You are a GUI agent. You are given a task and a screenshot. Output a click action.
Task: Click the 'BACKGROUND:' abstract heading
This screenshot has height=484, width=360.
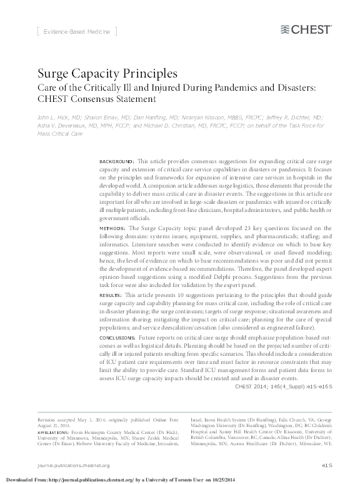[x=117, y=161]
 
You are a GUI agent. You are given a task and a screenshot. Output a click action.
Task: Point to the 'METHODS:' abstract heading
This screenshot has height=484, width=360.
[x=112, y=229]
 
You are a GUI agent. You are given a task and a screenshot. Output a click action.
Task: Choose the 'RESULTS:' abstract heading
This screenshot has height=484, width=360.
[x=112, y=294]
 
